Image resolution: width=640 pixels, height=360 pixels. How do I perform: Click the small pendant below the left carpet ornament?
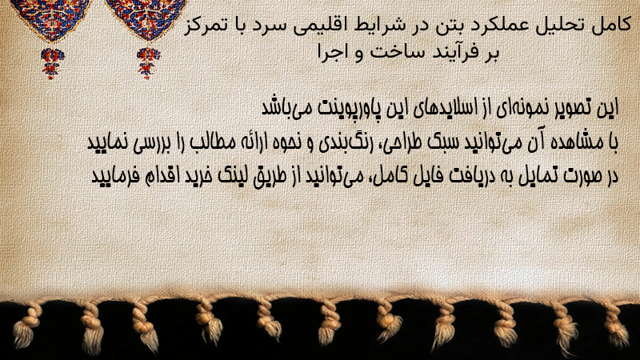pyautogui.click(x=52, y=62)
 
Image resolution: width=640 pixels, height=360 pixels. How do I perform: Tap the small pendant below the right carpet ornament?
pyautogui.click(x=148, y=62)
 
